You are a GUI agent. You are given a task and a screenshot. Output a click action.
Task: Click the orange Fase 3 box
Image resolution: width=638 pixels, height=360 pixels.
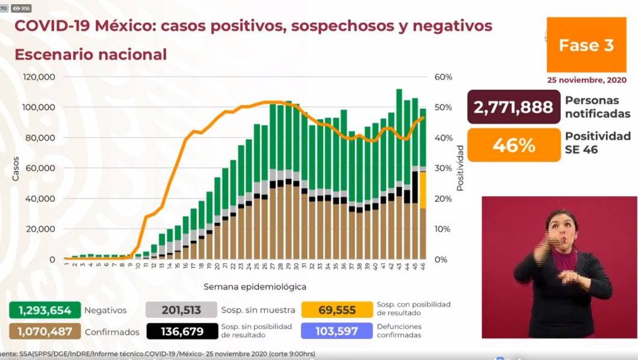point(586,45)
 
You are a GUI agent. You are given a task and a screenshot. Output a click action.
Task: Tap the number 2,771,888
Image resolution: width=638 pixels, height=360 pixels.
point(513,107)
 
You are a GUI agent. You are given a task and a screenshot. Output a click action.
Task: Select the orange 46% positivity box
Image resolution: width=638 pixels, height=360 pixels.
point(513,145)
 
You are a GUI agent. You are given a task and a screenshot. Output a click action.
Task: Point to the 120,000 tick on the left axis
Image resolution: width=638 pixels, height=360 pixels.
point(40,77)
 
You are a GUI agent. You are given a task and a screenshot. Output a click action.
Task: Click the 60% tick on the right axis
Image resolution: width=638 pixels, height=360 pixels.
point(444,77)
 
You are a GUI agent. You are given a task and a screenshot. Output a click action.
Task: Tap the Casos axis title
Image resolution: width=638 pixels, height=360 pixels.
point(15,169)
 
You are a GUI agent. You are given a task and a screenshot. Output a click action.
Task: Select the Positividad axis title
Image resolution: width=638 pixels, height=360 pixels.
point(460,168)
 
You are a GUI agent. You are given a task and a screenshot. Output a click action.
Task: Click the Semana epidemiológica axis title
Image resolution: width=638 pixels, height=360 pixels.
point(255,287)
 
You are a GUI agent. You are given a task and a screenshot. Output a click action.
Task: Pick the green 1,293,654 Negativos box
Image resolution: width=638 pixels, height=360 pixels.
point(45,311)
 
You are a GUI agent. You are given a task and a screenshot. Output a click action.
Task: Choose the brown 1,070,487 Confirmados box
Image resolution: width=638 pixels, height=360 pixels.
point(45,331)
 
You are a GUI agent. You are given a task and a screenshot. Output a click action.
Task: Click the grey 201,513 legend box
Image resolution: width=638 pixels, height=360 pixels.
point(181,311)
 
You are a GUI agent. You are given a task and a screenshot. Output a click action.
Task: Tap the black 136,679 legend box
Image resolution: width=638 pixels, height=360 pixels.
point(181,331)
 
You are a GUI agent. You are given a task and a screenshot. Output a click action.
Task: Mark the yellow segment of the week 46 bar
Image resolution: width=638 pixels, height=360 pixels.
point(423,190)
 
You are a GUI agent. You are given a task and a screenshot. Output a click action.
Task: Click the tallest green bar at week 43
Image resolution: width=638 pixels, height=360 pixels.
point(399,138)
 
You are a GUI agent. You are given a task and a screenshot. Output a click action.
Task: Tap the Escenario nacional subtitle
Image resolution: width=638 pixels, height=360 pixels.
point(90,54)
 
